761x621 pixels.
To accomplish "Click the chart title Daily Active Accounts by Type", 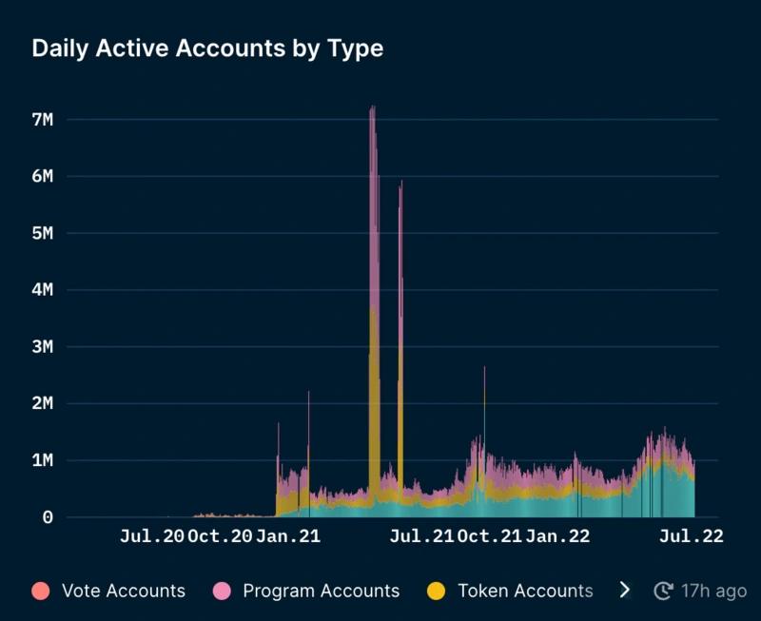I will tap(207, 49).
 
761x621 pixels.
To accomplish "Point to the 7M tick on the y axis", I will tap(48, 120).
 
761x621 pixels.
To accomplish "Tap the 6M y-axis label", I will tap(48, 177).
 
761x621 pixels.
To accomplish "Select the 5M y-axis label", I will tap(48, 233).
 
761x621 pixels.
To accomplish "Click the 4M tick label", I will tap(48, 290).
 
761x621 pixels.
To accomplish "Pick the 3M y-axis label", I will tap(48, 347).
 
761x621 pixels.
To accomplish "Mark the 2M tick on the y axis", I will tap(48, 403).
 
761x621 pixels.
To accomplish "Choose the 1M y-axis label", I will tap(48, 460).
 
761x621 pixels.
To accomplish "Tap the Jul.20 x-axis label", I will tap(151, 537).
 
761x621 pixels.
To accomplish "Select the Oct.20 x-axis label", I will tap(221, 537).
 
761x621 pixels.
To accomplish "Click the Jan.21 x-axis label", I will tap(288, 537).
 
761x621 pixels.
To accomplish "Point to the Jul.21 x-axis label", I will tap(421, 537).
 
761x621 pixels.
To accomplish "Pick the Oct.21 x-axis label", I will tap(490, 537).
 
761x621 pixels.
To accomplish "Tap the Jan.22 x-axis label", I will tap(558, 537).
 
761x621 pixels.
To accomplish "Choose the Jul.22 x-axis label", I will tap(691, 537).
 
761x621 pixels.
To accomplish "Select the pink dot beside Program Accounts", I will tap(224, 591).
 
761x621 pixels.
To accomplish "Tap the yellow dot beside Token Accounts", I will tap(437, 591).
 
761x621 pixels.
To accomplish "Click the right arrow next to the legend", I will tap(625, 591).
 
